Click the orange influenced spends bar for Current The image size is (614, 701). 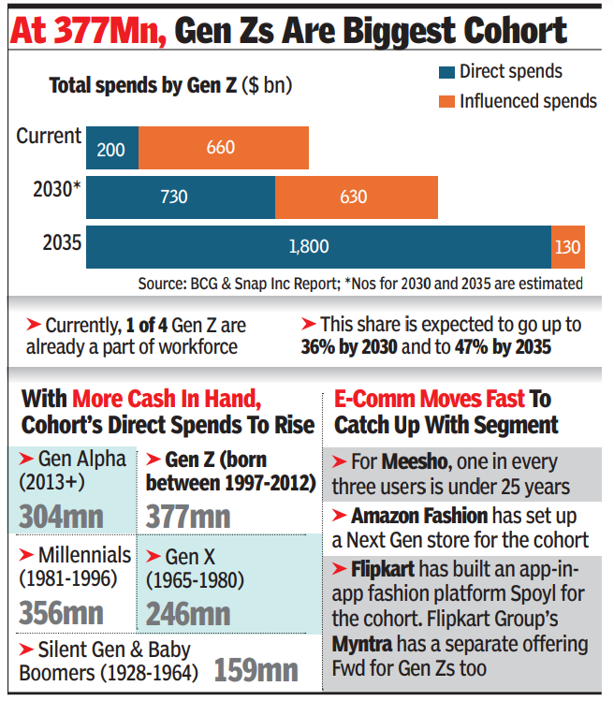pyautogui.click(x=224, y=147)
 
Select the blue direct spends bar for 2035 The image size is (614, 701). pyautogui.click(x=318, y=246)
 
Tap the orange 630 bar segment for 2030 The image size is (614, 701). pyautogui.click(x=354, y=197)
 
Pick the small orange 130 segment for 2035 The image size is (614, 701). pyautogui.click(x=568, y=246)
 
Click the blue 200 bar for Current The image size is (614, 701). pyautogui.click(x=111, y=147)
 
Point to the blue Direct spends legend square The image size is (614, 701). pyautogui.click(x=446, y=71)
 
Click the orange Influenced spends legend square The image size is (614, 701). pyautogui.click(x=446, y=100)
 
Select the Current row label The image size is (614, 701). pyautogui.click(x=49, y=137)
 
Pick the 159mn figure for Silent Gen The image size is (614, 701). pyautogui.click(x=256, y=670)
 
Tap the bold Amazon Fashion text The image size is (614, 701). pyautogui.click(x=419, y=516)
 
